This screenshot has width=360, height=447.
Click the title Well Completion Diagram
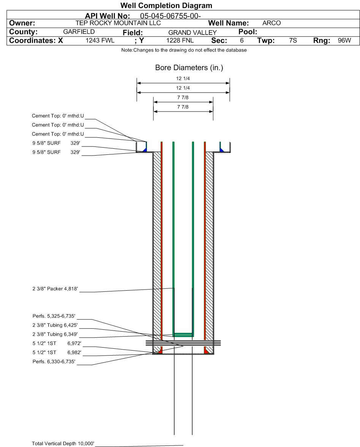coord(166,6)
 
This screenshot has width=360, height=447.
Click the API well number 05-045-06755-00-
coord(170,16)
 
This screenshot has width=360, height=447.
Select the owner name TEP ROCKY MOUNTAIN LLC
coord(118,23)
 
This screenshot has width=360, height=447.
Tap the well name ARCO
coord(272,23)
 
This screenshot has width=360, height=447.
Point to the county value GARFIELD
coord(79,32)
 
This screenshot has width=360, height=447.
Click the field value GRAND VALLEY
coord(192,33)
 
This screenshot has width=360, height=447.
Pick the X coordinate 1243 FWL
coord(100,41)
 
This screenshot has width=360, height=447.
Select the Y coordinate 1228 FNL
coord(180,41)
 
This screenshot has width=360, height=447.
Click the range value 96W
coord(344,41)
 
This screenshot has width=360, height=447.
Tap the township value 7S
coord(293,41)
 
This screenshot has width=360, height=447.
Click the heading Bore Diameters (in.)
coord(189,68)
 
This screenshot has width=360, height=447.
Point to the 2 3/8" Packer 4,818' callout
coord(55,289)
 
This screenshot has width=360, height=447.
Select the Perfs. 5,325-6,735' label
coord(54,316)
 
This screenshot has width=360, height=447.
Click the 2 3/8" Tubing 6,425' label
coord(55,325)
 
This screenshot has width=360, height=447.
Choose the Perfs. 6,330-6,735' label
coord(54,362)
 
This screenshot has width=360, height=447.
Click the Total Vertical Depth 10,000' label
coord(63,444)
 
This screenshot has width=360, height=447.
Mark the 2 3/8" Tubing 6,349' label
coord(55,334)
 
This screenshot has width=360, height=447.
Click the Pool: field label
coord(248,32)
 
